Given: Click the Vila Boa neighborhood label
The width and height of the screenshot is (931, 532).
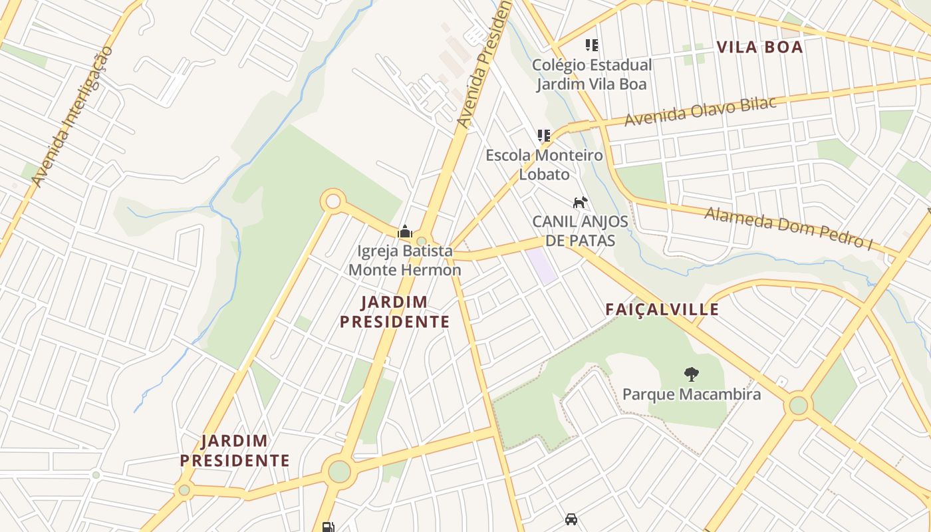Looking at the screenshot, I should click(759, 47).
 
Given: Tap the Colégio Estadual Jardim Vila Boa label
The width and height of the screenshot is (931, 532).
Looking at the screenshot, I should click(592, 74).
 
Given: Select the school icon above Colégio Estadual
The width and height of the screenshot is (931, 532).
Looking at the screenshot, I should click(591, 45).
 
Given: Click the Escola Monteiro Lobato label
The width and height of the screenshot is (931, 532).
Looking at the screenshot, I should click(544, 165).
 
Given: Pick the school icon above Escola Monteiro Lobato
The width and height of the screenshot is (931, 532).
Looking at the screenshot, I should click(544, 136).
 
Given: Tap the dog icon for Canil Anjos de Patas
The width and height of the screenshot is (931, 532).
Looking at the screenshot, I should click(581, 201).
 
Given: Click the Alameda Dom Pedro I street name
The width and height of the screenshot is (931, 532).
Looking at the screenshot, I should click(788, 227).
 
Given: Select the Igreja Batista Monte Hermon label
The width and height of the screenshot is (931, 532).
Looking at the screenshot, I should click(404, 260).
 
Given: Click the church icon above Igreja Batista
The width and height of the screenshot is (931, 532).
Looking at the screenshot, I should click(404, 231).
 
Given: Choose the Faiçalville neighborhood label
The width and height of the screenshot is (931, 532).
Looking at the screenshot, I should click(662, 309).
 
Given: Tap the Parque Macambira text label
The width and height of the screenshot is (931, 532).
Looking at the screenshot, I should click(691, 394).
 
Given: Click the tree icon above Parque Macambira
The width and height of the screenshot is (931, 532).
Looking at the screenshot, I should click(691, 374).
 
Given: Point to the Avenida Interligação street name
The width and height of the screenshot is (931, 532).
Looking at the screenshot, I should click(72, 116).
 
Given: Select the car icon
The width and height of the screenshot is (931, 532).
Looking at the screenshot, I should click(571, 519).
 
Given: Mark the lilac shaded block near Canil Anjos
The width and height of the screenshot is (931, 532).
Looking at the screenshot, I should click(542, 266).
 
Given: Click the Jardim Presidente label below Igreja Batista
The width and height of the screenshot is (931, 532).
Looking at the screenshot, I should click(395, 312).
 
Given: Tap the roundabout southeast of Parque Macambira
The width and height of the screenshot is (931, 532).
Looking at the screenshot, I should click(798, 404).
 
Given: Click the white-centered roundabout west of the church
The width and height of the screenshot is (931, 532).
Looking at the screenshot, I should click(333, 201).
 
